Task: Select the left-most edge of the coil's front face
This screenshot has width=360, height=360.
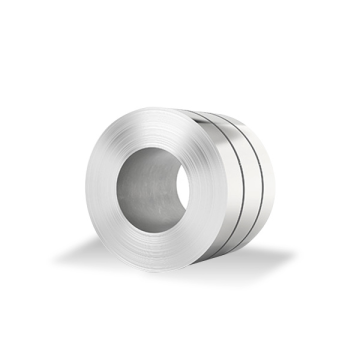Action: point(86,190)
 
